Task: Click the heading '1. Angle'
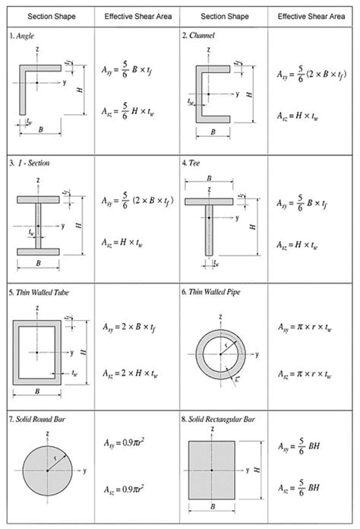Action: coord(23,35)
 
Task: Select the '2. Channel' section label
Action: coord(199,35)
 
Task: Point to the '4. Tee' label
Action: coord(194,163)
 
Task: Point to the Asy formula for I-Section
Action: coord(137,201)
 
